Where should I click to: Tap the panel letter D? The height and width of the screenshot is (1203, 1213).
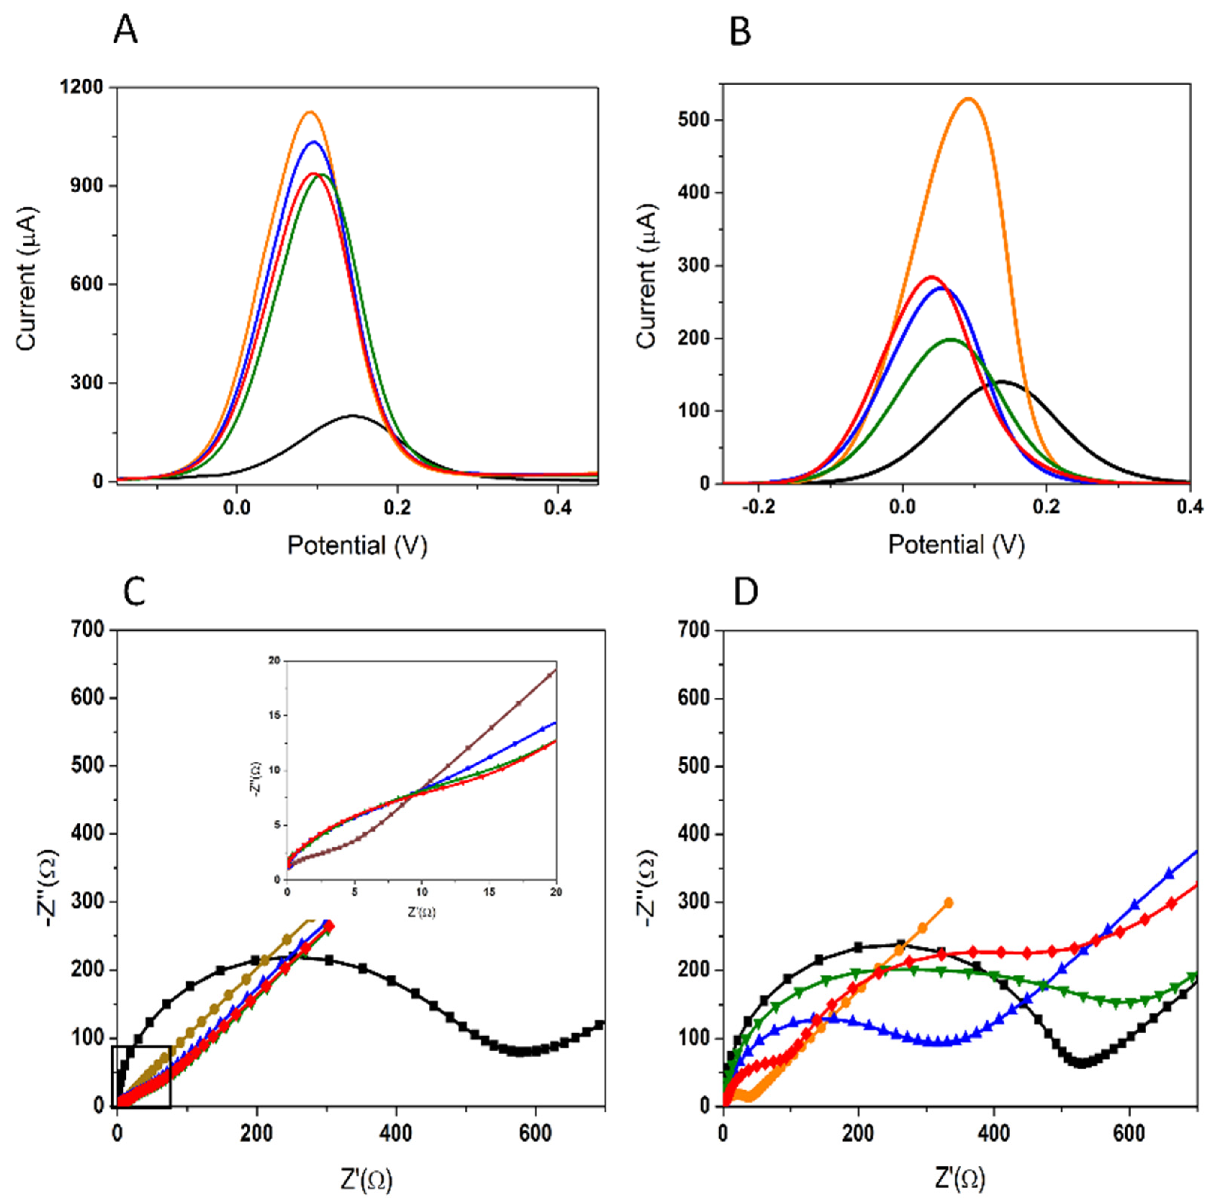[x=746, y=592]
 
